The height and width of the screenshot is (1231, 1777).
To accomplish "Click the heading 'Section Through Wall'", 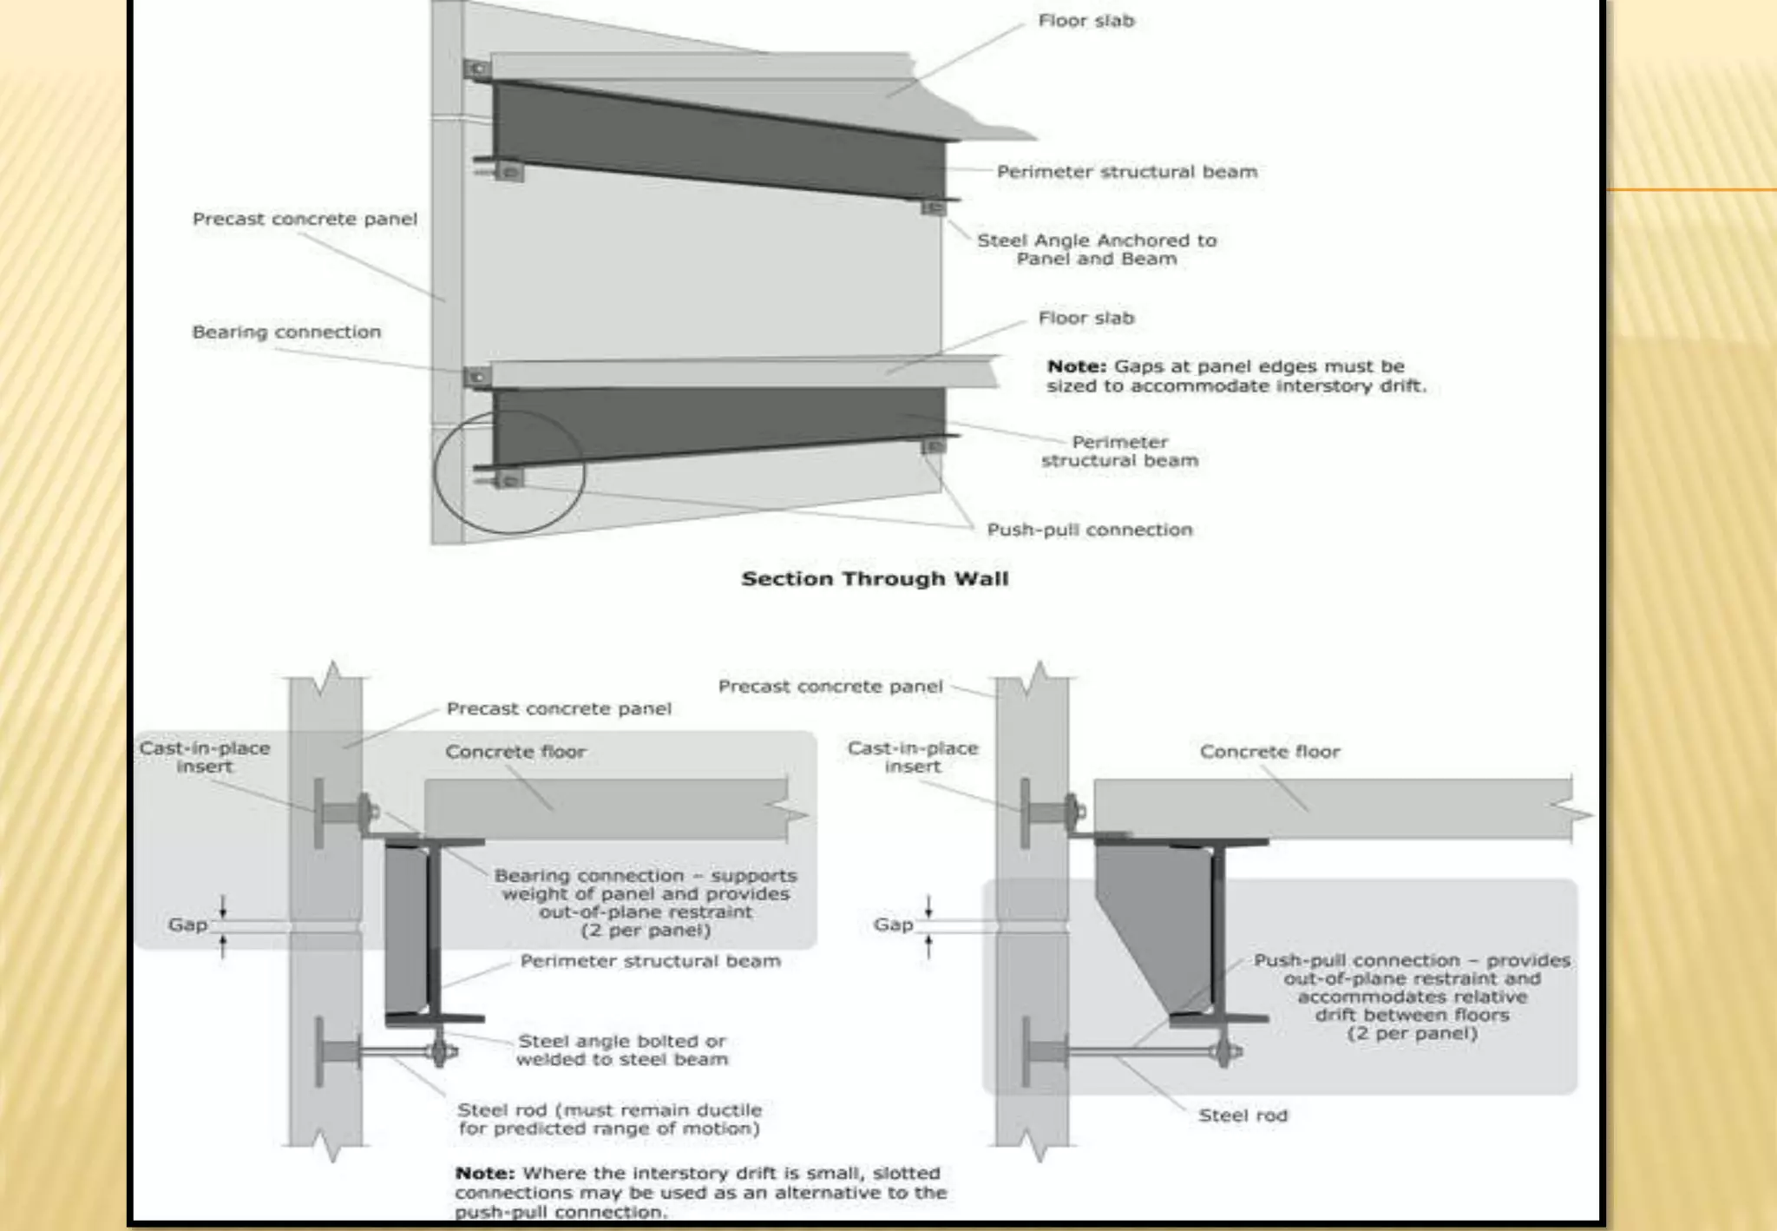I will click(x=875, y=579).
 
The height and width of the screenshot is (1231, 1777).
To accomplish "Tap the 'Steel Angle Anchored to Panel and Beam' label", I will click(x=1097, y=249).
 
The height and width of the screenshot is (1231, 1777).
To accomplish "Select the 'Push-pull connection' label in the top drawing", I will click(x=1090, y=530).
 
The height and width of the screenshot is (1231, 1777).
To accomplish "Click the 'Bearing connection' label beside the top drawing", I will click(x=286, y=332).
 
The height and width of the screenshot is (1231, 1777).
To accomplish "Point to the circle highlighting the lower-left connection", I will click(x=509, y=472).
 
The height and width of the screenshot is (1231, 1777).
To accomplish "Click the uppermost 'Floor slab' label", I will click(x=1086, y=21).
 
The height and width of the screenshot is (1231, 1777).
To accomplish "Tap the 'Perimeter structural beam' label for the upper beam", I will click(x=1126, y=172).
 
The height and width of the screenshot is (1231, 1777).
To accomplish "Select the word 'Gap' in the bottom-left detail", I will click(x=187, y=925).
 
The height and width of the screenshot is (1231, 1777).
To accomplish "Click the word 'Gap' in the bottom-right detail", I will click(x=893, y=925).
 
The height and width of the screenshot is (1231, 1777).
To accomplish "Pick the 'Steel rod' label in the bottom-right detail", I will click(x=1243, y=1116).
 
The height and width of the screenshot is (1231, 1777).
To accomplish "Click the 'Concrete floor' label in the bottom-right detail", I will click(x=1269, y=752).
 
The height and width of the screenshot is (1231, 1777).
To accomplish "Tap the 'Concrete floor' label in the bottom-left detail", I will click(x=515, y=752).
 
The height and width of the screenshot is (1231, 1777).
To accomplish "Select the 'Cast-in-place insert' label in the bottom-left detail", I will click(x=205, y=757).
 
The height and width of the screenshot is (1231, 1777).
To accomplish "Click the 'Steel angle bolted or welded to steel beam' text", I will click(x=622, y=1050).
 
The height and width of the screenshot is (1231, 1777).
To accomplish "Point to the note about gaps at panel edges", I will click(x=1236, y=376).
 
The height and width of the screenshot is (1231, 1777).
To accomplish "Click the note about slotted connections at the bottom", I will click(x=700, y=1193).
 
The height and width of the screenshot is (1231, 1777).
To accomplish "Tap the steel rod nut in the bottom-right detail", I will click(x=1226, y=1052).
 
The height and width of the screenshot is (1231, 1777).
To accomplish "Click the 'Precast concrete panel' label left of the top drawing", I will click(x=305, y=219).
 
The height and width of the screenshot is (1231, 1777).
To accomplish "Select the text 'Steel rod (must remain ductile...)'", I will click(x=609, y=1119).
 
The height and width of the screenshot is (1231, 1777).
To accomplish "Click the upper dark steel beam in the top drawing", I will click(x=720, y=139).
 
